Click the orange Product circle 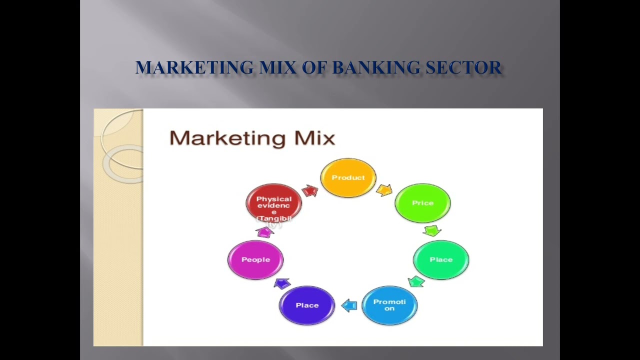tap(348, 178)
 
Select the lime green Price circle tap(422, 203)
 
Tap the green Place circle tap(441, 259)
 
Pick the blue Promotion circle tap(389, 305)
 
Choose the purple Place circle tap(307, 305)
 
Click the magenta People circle tap(255, 259)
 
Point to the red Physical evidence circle tap(273, 202)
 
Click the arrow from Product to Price tap(384, 190)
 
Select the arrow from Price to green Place tap(432, 230)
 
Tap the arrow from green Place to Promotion tap(416, 281)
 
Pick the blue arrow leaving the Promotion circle tap(349, 305)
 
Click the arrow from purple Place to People tap(282, 283)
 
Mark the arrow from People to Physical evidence tap(264, 231)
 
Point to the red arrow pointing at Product tap(310, 190)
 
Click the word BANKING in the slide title tap(376, 67)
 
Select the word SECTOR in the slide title tap(463, 67)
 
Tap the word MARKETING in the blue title tap(194, 67)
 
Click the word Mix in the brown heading tap(314, 138)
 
